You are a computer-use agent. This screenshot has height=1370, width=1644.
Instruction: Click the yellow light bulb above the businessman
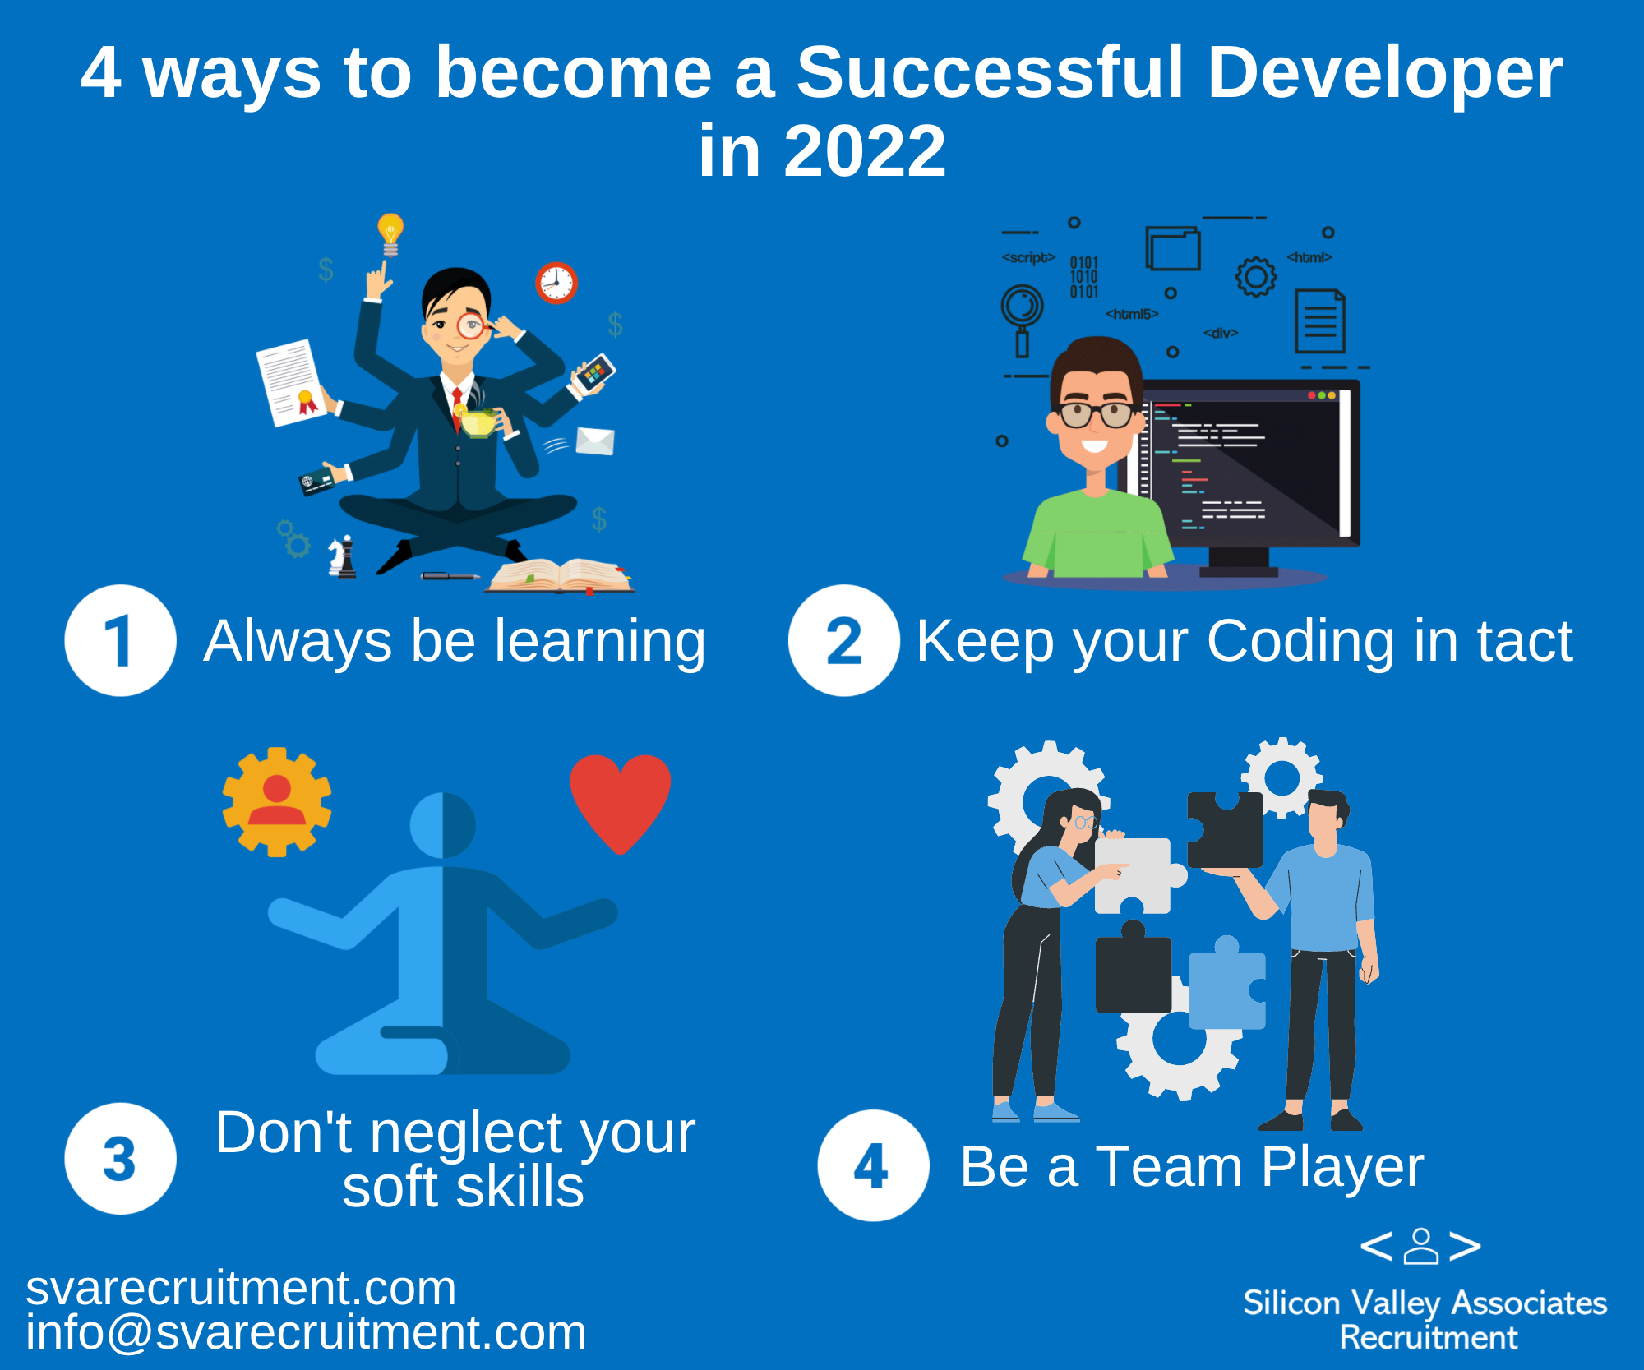(x=390, y=233)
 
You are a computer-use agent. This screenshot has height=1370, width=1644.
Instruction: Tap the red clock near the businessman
(x=556, y=284)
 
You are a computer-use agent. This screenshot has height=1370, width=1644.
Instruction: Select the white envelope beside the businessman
(x=595, y=441)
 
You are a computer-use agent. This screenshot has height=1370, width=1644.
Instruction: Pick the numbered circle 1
(x=120, y=640)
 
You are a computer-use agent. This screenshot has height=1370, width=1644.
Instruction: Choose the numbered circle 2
(x=844, y=640)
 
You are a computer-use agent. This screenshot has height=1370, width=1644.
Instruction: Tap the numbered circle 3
(x=120, y=1158)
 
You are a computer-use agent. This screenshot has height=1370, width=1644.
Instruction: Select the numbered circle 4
(x=873, y=1165)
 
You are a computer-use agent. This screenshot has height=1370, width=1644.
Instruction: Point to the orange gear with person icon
(x=277, y=802)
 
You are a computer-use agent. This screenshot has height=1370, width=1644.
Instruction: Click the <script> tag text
(x=1028, y=257)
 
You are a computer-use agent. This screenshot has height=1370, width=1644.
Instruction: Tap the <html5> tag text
(x=1132, y=314)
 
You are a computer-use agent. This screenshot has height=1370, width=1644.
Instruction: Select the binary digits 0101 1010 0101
(x=1083, y=277)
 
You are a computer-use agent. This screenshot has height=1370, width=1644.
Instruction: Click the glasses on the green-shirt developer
(x=1097, y=414)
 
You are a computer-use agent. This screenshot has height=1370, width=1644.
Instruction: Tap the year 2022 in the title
(x=865, y=151)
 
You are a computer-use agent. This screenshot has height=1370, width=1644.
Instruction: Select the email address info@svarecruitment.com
(x=306, y=1332)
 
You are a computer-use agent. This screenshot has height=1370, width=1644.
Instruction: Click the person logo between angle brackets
(x=1420, y=1246)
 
